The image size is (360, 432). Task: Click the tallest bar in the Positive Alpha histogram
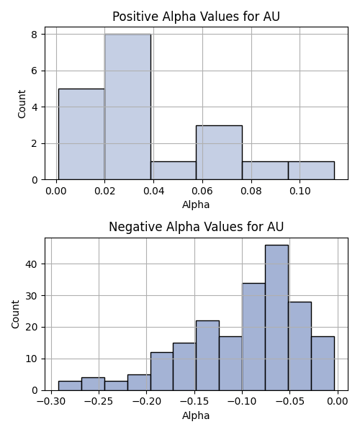tap(127, 107)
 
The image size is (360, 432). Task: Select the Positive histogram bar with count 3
tap(220, 153)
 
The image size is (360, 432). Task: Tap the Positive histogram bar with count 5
tap(81, 134)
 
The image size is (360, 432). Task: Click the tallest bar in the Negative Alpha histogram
tap(276, 318)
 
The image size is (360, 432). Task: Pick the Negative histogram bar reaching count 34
tap(253, 337)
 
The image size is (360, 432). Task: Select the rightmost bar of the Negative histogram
tap(323, 364)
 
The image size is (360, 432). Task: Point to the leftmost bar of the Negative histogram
tap(70, 386)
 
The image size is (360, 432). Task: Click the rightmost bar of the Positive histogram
tap(311, 171)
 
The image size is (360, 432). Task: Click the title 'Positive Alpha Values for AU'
tap(196, 17)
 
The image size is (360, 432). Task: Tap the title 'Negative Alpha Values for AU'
tap(196, 227)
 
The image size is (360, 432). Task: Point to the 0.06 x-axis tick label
tap(202, 191)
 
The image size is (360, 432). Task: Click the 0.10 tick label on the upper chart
tap(300, 191)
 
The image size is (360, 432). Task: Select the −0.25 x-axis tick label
tap(99, 402)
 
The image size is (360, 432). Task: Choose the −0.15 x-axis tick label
tap(194, 402)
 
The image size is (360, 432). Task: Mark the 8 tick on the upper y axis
tap(35, 35)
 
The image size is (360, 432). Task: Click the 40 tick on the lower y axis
tap(31, 264)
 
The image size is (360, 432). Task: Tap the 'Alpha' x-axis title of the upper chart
tap(196, 204)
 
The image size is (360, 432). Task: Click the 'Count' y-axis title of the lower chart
tap(15, 315)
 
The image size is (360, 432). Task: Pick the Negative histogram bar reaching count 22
tap(207, 356)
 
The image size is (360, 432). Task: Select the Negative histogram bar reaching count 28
tap(300, 346)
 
